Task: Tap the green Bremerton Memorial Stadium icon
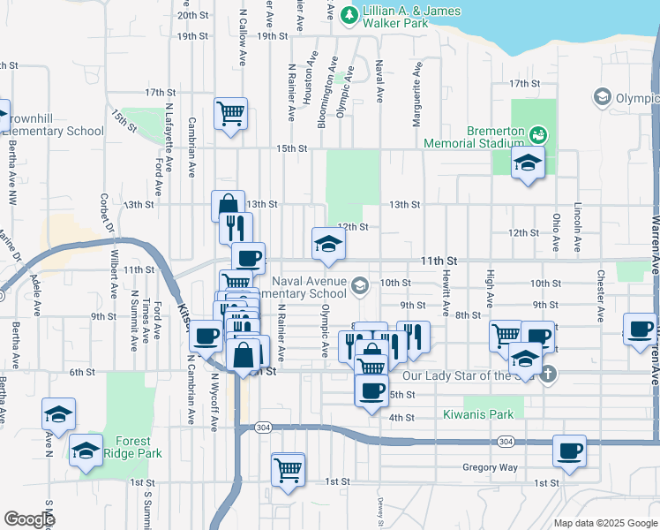(537, 134)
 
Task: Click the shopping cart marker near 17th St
(230, 112)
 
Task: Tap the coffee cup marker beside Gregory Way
(569, 450)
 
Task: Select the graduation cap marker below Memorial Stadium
(528, 162)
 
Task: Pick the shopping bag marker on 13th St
(228, 205)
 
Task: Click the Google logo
(30, 519)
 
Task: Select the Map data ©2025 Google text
(605, 523)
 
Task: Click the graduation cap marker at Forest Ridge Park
(86, 452)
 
